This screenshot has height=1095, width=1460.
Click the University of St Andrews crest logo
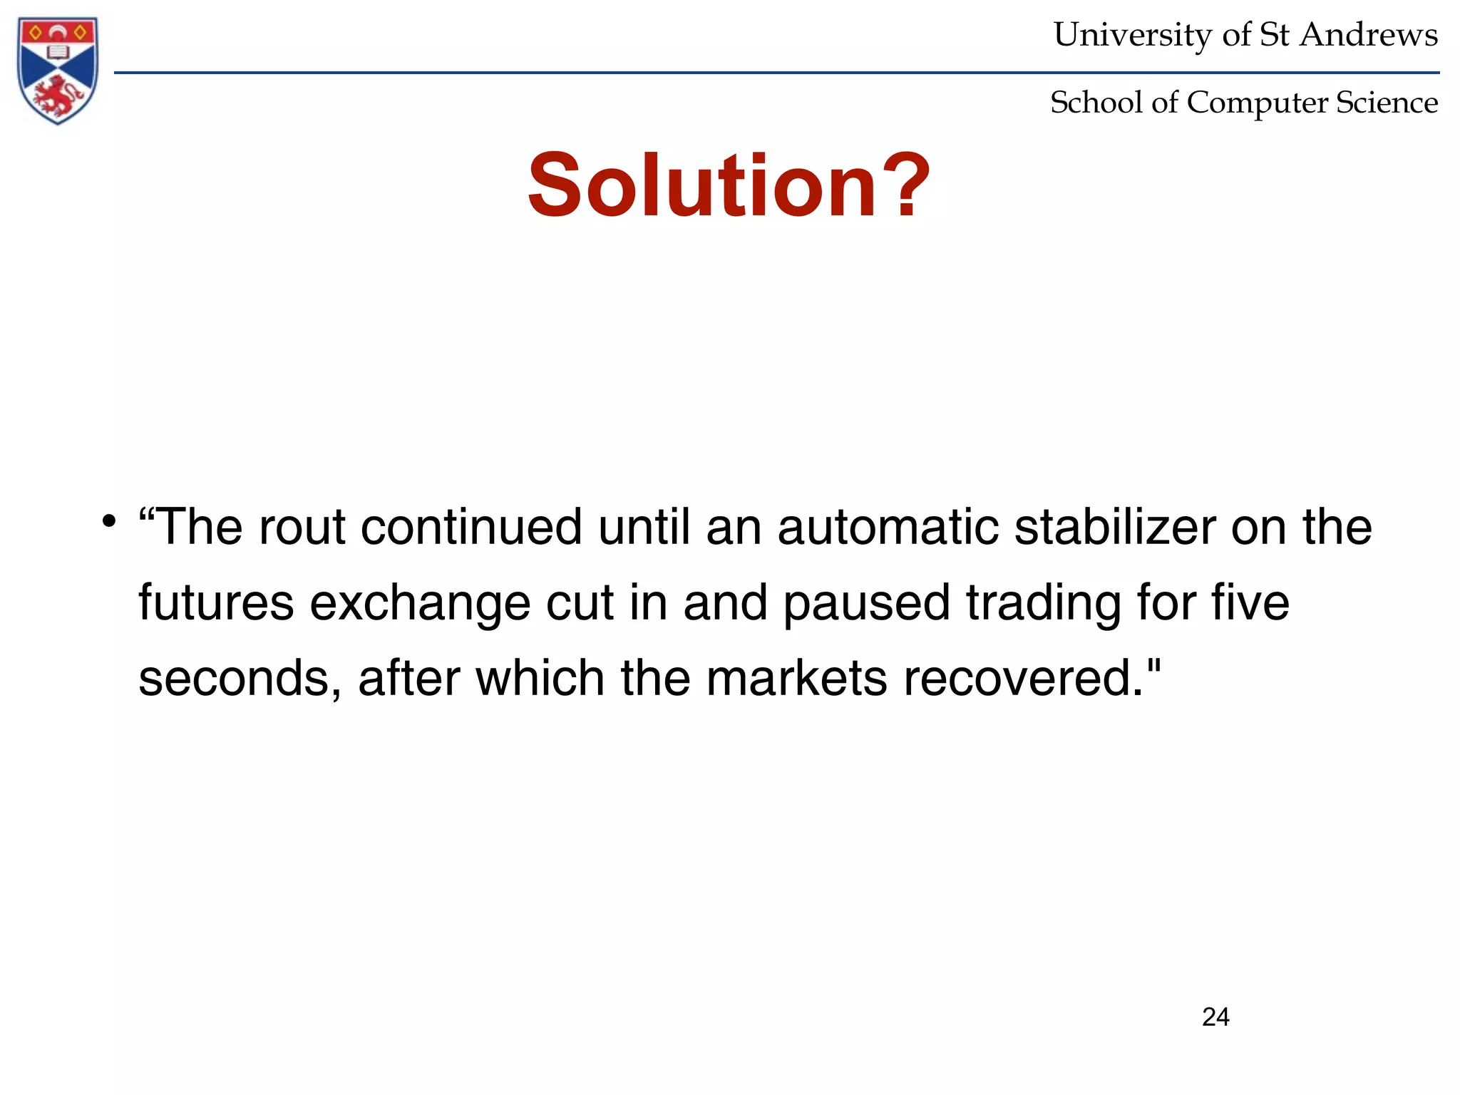click(x=58, y=70)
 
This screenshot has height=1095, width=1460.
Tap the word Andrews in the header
click(x=1368, y=35)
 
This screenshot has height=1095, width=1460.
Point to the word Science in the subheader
click(x=1387, y=103)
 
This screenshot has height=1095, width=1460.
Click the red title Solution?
click(x=729, y=185)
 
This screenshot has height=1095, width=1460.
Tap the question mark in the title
click(x=904, y=185)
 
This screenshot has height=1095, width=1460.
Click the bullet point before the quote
click(x=108, y=520)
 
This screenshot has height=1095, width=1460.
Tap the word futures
click(x=216, y=603)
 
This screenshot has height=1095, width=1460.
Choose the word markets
click(x=796, y=679)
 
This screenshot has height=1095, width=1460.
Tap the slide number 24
click(x=1215, y=1017)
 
